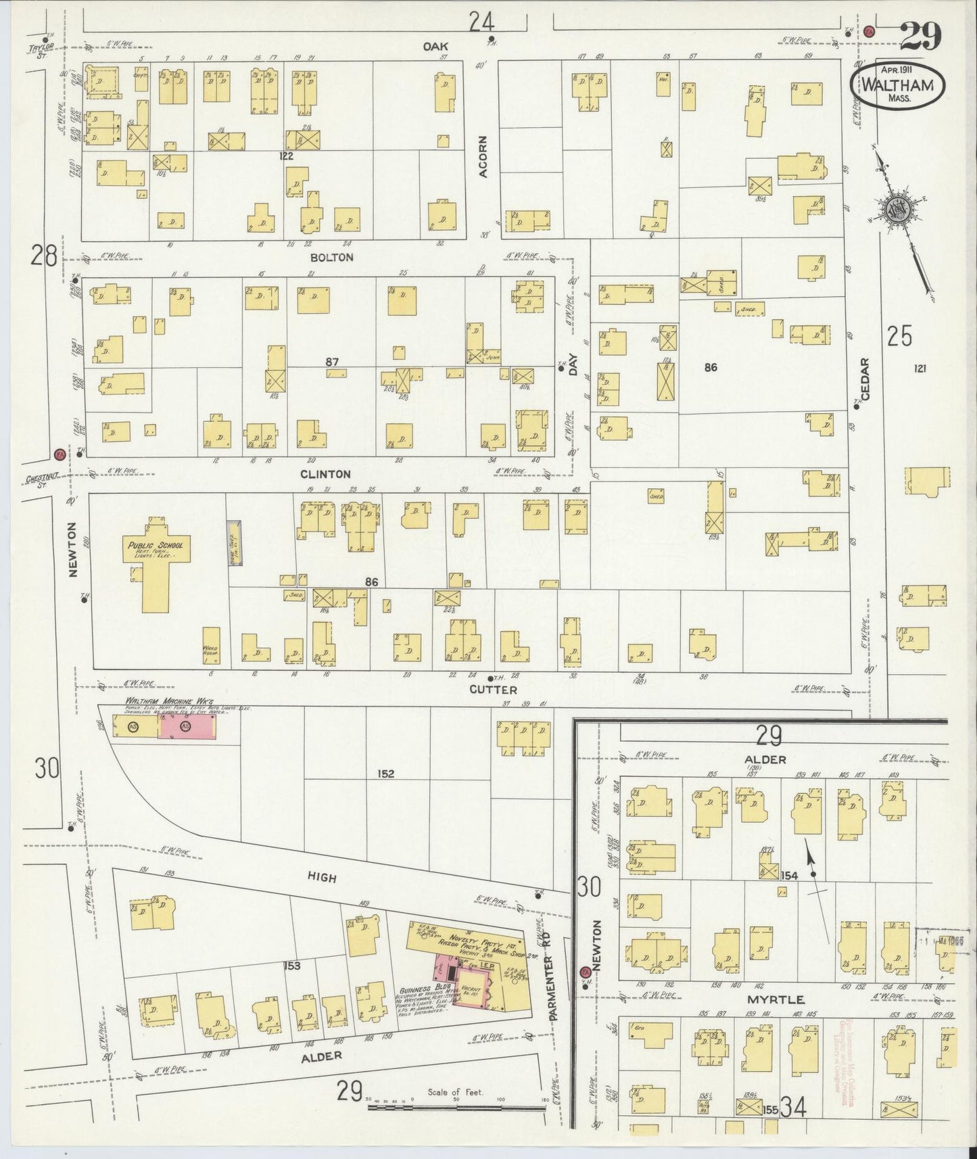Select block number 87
(x=331, y=362)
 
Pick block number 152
(x=386, y=774)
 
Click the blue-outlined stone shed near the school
(x=234, y=543)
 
